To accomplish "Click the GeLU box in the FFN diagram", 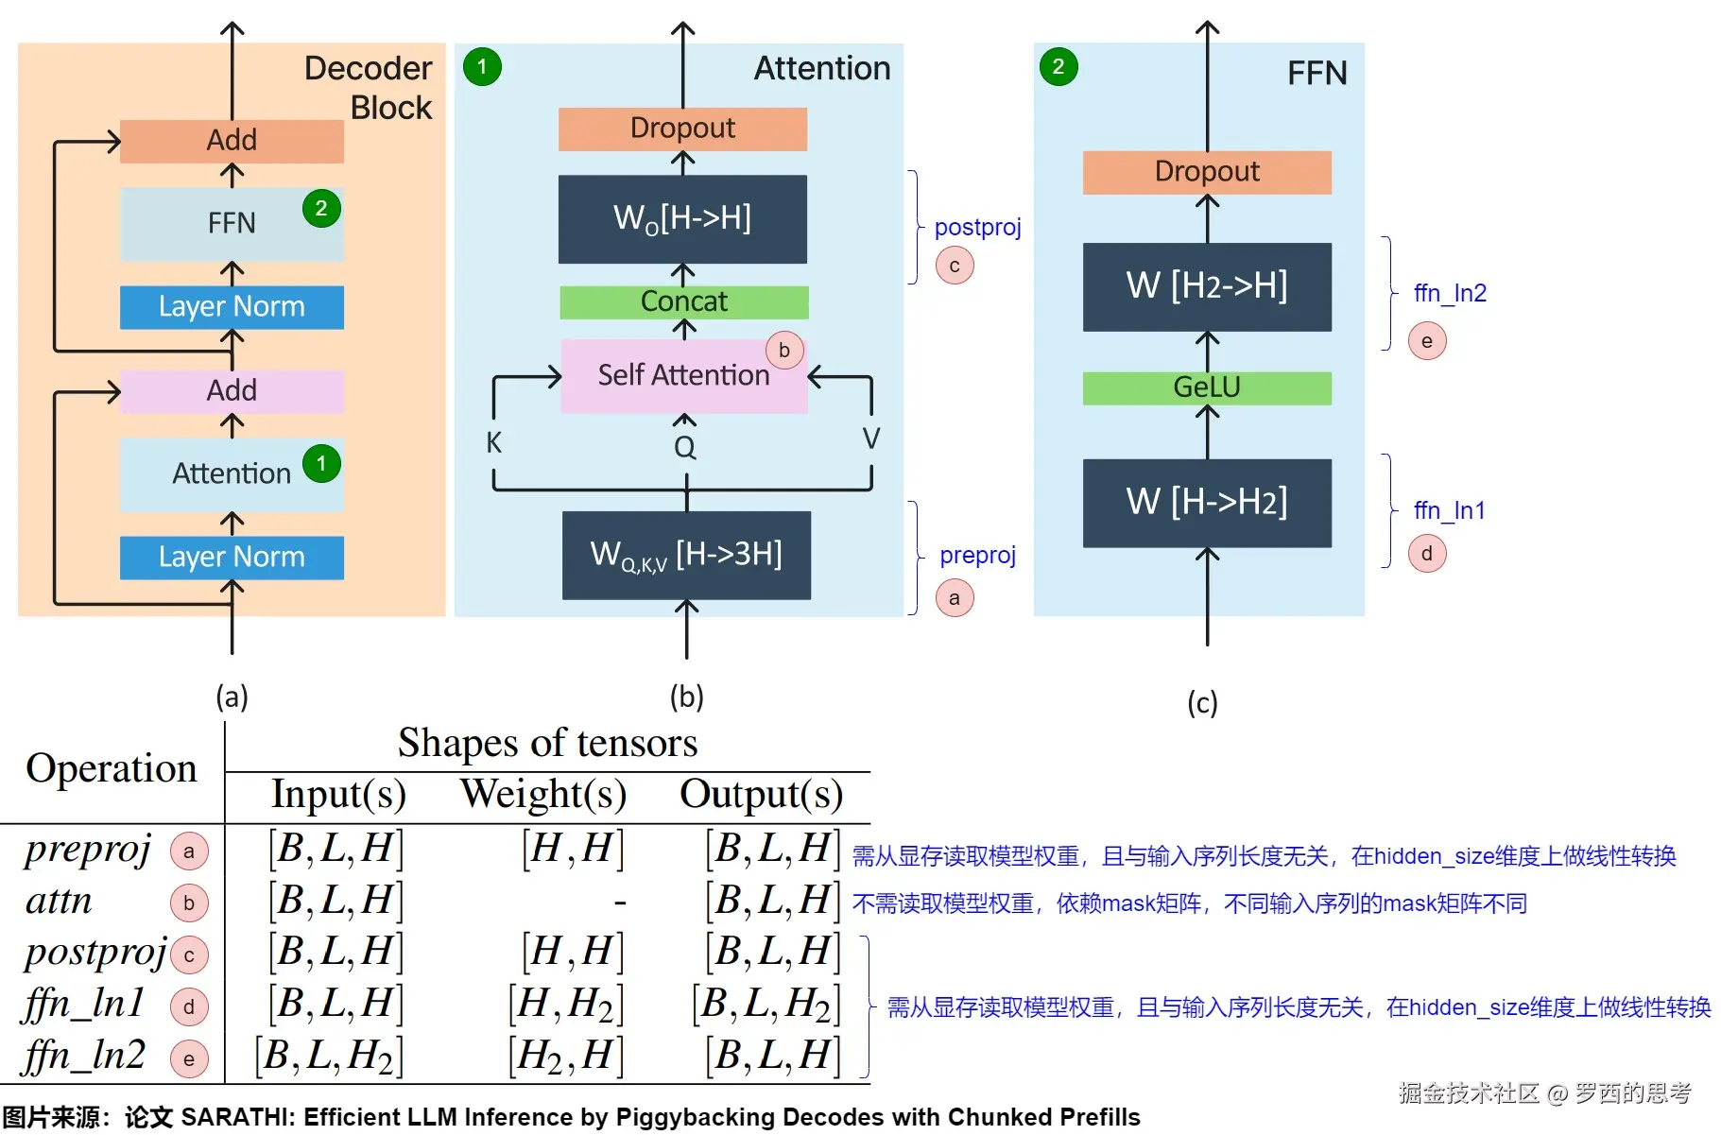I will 1207,387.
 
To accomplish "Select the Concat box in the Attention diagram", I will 683,301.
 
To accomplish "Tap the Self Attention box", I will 683,375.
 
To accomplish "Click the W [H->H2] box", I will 1207,502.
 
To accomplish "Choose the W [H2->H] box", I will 1207,285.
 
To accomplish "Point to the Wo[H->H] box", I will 682,218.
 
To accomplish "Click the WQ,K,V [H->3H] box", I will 686,555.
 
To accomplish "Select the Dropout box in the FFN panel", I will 1207,172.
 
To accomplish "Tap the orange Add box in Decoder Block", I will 232,141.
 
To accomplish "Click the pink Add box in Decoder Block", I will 232,390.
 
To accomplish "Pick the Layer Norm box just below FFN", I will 232,307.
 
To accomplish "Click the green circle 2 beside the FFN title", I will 1058,67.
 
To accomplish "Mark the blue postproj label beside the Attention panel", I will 977,228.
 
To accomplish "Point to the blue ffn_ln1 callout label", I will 1449,511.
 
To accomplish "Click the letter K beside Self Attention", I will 493,442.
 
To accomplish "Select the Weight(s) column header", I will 543,794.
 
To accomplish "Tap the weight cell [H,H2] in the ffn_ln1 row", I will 565,1004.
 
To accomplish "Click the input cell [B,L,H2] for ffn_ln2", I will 329,1056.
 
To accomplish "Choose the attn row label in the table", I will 59,901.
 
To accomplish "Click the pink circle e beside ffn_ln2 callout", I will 1427,341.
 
